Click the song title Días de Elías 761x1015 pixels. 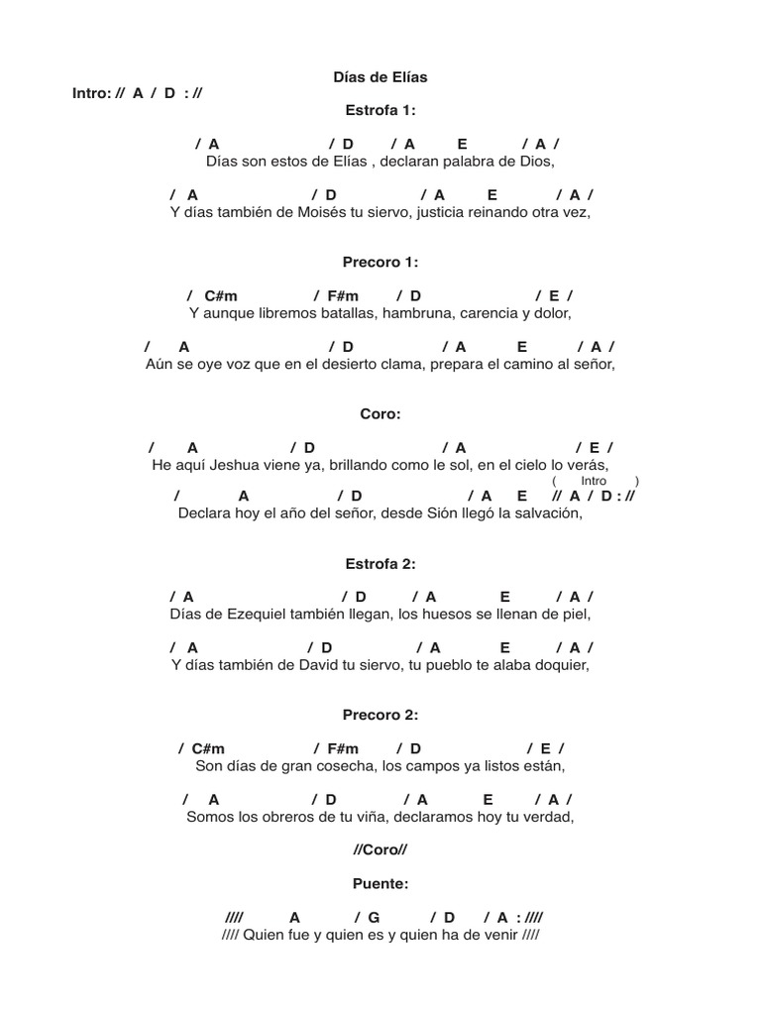380,76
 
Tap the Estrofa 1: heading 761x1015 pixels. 380,110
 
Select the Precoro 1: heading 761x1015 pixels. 380,263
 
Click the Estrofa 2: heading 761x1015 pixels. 380,563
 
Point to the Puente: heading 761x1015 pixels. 380,882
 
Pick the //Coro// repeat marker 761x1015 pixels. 380,849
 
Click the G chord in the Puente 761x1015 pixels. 374,918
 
